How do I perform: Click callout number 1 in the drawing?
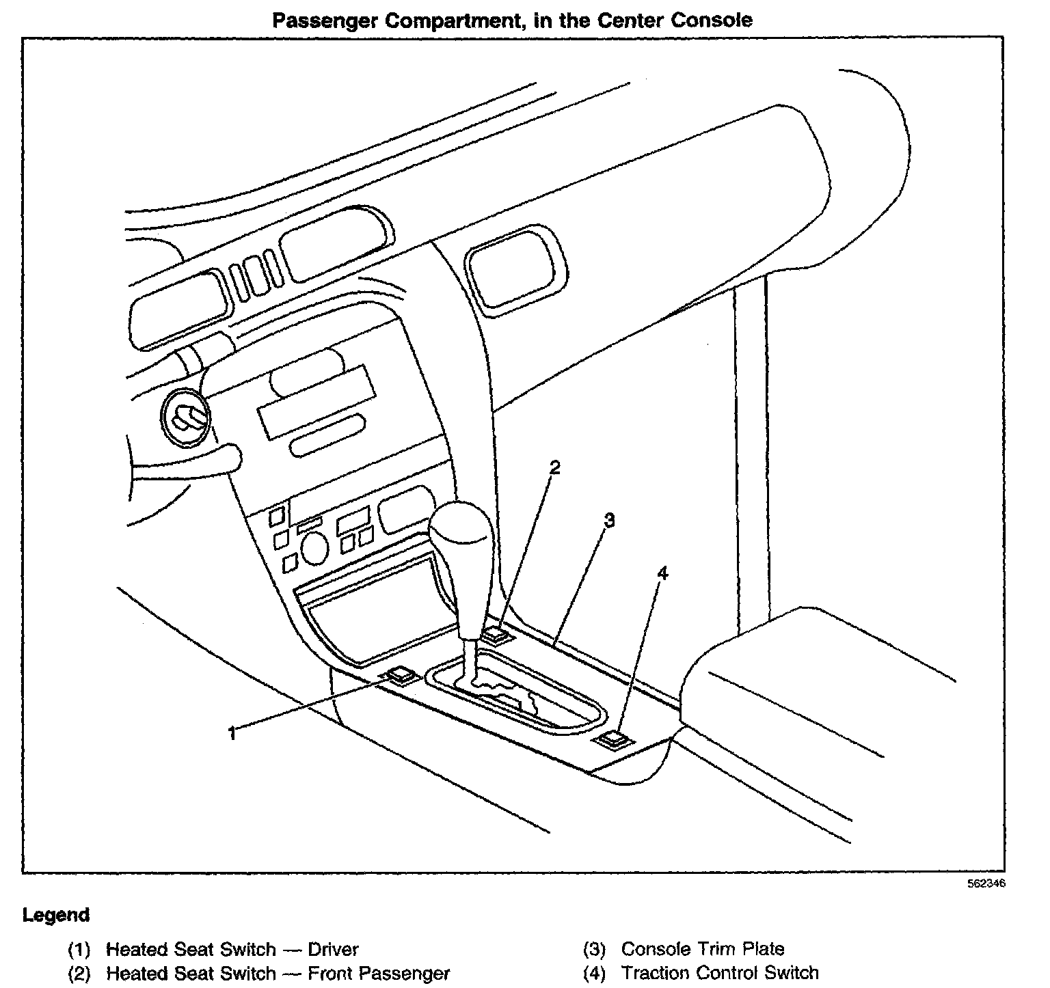coord(232,734)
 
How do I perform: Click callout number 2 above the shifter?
coord(555,467)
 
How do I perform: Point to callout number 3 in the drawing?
coord(609,521)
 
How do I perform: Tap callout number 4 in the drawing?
coord(662,573)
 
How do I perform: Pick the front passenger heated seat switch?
coord(497,635)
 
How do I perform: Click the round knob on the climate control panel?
coord(314,549)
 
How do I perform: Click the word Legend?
coord(56,915)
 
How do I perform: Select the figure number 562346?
coord(986,883)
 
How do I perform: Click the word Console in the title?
coord(711,20)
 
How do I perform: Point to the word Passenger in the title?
coord(325,20)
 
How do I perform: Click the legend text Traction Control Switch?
coord(720,972)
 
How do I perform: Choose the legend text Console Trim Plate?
coord(703,949)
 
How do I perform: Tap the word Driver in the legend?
coord(333,949)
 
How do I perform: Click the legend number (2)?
coord(79,972)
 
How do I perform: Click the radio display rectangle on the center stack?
coord(317,403)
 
